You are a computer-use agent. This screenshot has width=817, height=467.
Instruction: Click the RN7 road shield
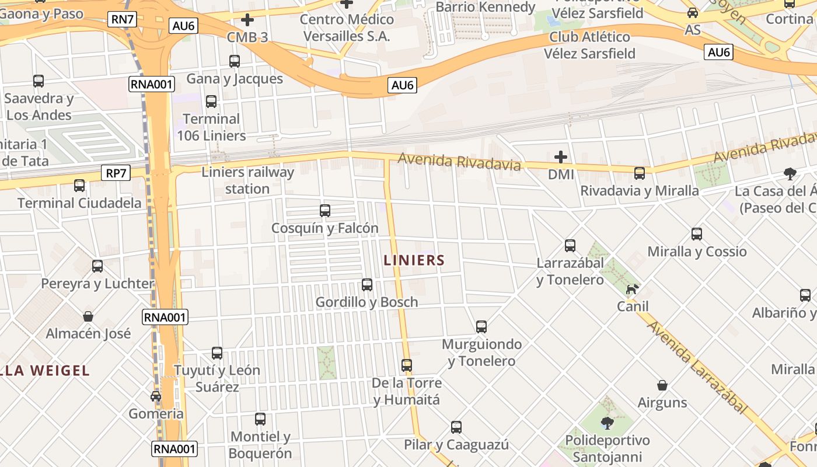pyautogui.click(x=123, y=19)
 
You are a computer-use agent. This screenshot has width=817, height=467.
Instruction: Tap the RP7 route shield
pyautogui.click(x=116, y=173)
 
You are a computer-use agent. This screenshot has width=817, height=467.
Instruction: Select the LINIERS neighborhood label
pyautogui.click(x=414, y=260)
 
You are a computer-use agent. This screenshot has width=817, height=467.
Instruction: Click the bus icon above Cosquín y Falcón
pyautogui.click(x=325, y=210)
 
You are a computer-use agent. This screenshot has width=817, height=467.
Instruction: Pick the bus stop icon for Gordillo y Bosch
pyautogui.click(x=367, y=285)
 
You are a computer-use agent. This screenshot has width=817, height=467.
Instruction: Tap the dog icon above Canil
pyautogui.click(x=632, y=289)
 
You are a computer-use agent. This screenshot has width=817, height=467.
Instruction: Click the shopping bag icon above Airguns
pyautogui.click(x=662, y=385)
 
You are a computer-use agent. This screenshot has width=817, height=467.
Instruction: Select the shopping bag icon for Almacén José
pyautogui.click(x=88, y=316)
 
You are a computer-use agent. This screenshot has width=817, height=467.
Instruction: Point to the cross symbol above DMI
pyautogui.click(x=561, y=157)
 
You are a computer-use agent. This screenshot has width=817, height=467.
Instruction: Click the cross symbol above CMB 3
pyautogui.click(x=247, y=20)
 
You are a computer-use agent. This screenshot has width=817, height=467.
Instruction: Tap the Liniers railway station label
pyautogui.click(x=247, y=180)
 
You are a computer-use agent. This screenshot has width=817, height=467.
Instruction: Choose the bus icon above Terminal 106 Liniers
pyautogui.click(x=211, y=102)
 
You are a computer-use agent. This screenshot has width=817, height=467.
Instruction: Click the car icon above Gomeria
pyautogui.click(x=156, y=396)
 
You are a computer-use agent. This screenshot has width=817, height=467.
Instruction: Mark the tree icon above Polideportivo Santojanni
pyautogui.click(x=607, y=423)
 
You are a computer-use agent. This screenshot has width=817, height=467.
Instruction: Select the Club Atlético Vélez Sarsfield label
pyautogui.click(x=589, y=45)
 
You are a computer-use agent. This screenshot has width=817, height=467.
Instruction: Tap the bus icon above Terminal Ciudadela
pyautogui.click(x=79, y=186)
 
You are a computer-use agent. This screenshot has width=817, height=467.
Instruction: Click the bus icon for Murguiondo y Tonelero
pyautogui.click(x=481, y=327)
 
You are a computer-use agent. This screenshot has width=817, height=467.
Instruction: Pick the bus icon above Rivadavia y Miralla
pyautogui.click(x=640, y=173)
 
